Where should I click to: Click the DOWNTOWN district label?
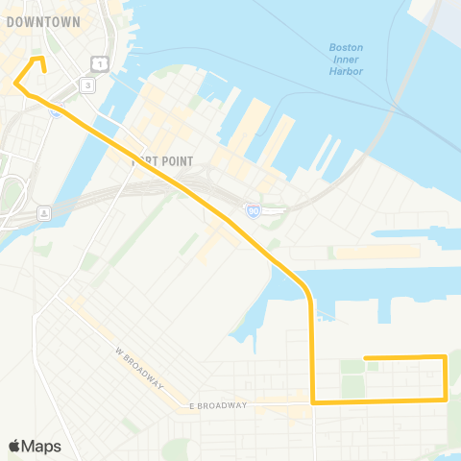coord(50,21)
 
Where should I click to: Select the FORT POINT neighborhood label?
coord(162,161)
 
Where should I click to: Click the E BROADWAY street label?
coord(219,405)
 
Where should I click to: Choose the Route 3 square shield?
coord(87,85)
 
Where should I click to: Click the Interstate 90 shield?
coord(252,209)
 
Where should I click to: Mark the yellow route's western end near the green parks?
coord(366,358)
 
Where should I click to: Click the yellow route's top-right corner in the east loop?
coord(445,358)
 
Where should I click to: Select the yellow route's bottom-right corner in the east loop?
coord(445,400)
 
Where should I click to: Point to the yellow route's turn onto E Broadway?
coord(313,402)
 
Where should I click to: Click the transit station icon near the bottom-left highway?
coord(42,212)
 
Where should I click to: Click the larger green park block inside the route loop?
coord(352,385)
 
